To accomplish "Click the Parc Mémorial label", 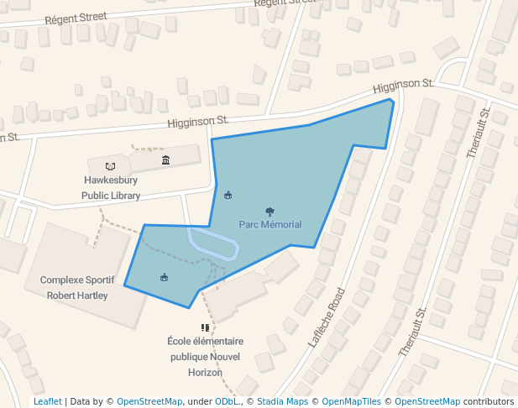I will click(x=269, y=224).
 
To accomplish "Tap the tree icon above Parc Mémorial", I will click(x=269, y=212).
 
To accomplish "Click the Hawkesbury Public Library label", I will click(x=111, y=188).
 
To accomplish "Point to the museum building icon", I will click(x=165, y=160).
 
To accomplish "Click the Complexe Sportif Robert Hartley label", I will click(x=77, y=288).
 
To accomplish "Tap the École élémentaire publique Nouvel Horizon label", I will click(x=205, y=357).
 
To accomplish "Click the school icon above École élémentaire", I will click(x=205, y=327).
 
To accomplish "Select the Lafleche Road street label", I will click(x=327, y=318).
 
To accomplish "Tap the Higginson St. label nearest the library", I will click(x=198, y=122).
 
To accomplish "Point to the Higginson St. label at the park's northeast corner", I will click(x=403, y=85).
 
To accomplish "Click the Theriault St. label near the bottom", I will click(x=413, y=332).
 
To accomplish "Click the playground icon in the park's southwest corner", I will click(x=164, y=277).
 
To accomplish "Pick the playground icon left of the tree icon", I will click(x=228, y=196).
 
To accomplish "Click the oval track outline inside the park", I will click(x=213, y=244).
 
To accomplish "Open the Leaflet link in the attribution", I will click(x=47, y=401).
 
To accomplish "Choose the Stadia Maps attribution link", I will click(x=282, y=401).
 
